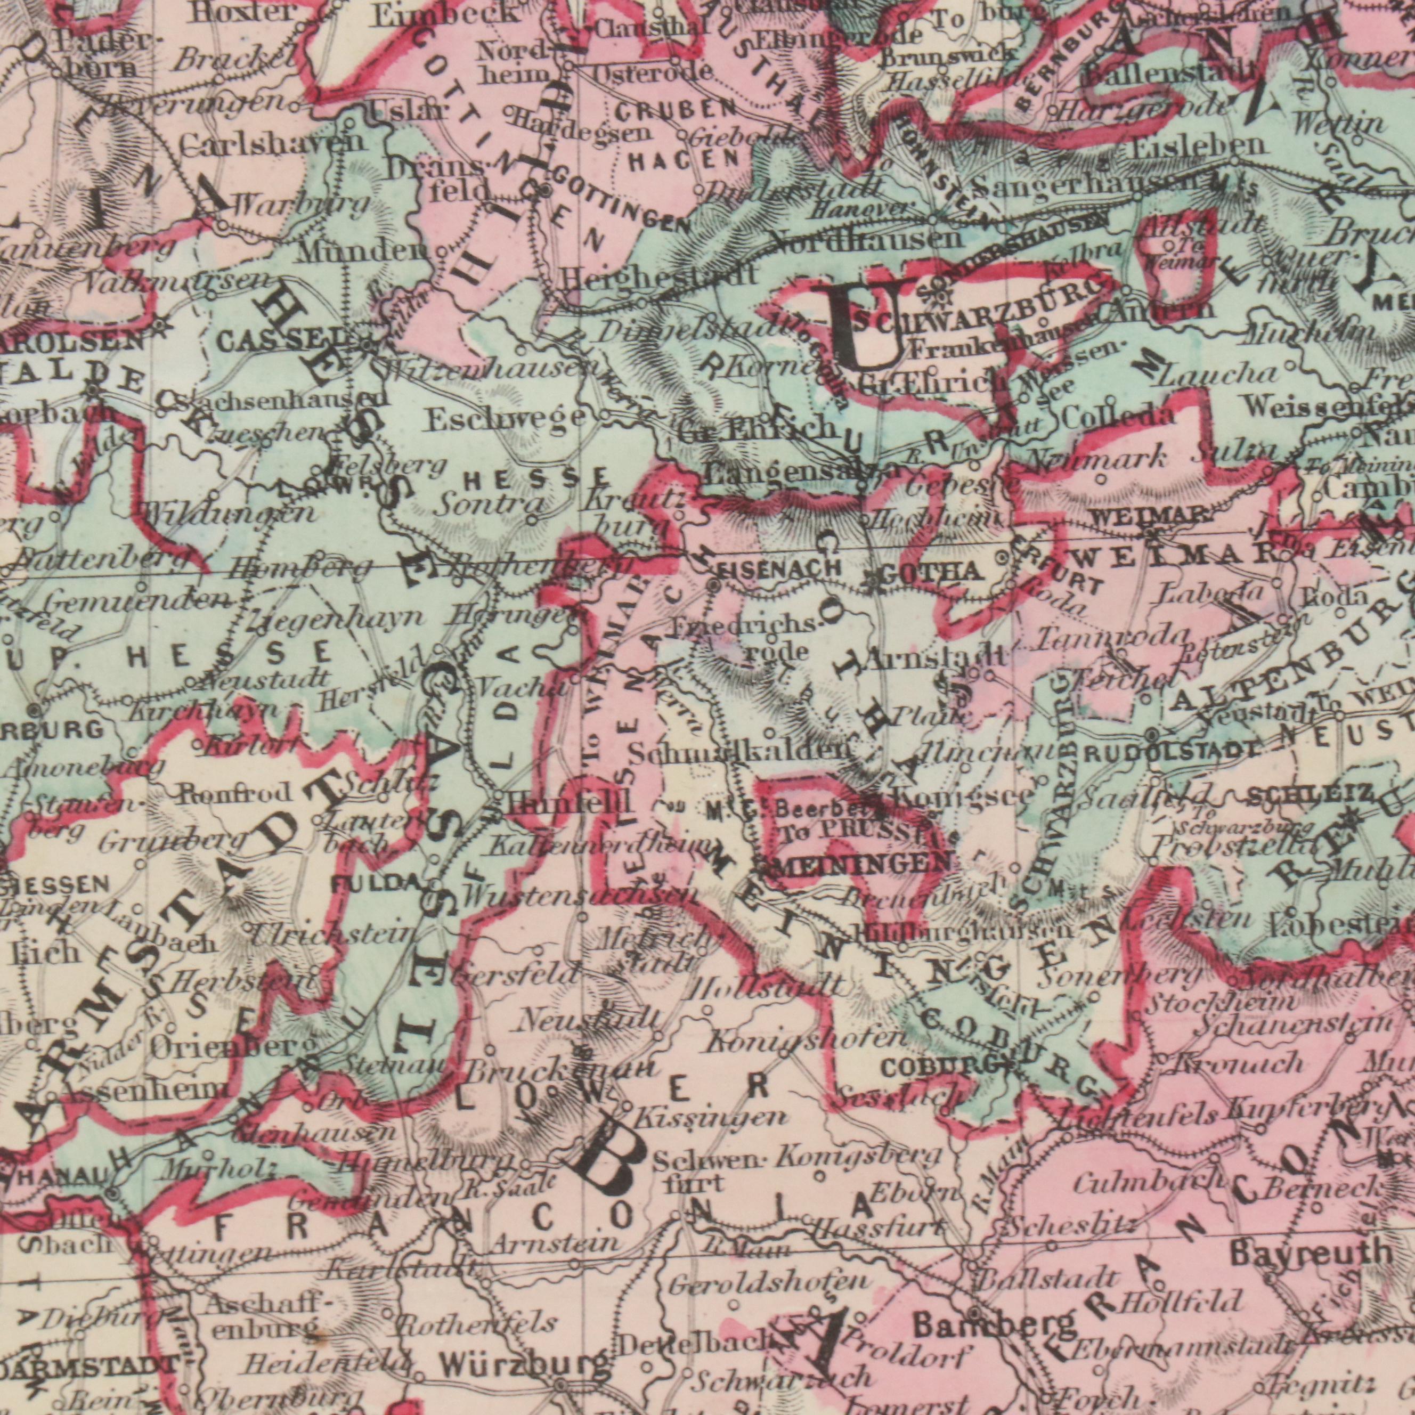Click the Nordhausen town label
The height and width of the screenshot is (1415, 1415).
tap(864, 240)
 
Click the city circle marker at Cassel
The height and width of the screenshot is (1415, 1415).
tap(366, 342)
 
